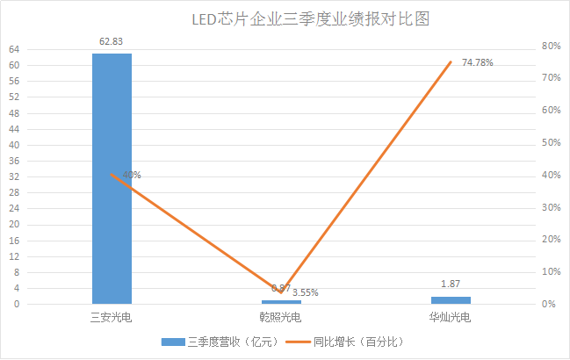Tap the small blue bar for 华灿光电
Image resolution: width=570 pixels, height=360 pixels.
pos(451,300)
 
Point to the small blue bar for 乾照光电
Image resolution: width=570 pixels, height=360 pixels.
pos(281,302)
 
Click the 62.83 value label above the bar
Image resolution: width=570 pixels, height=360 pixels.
pos(112,41)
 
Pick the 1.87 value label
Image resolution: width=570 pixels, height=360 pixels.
pos(451,284)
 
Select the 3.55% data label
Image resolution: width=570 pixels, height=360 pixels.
pos(305,292)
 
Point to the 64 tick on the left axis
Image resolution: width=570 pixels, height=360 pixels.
pos(15,49)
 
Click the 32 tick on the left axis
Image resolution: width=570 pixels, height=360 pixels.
pos(15,176)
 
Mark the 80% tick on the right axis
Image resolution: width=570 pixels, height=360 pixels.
pos(552,46)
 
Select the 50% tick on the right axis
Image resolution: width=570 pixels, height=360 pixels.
pos(552,142)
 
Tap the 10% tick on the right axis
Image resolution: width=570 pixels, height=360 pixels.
pos(552,271)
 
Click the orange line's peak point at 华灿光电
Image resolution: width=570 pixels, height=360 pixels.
pos(451,62)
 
